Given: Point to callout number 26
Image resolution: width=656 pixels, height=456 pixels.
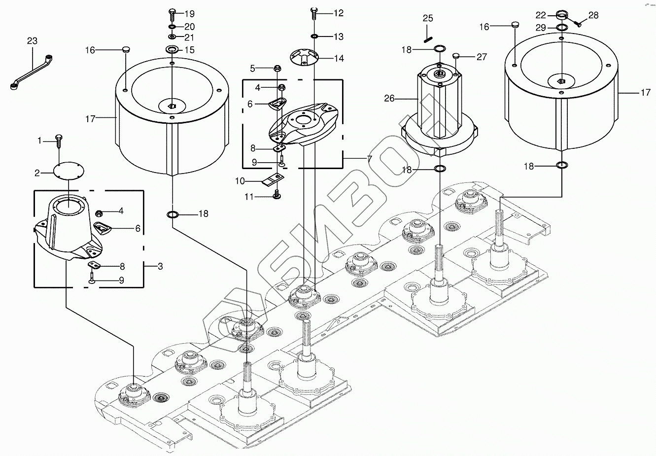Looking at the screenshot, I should pos(389,99).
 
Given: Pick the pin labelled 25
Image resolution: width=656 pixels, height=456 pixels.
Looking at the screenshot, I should pos(428,34).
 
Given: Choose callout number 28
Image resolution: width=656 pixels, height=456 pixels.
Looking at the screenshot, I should pos(593,15).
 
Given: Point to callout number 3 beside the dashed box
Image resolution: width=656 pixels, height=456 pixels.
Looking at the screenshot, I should pos(161,266).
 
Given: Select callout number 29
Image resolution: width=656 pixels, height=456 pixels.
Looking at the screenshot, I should pos(541,28).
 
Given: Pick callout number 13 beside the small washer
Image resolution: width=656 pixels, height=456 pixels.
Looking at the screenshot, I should pos(338,36).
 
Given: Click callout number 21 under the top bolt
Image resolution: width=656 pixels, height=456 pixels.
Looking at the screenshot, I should pos(189,37).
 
